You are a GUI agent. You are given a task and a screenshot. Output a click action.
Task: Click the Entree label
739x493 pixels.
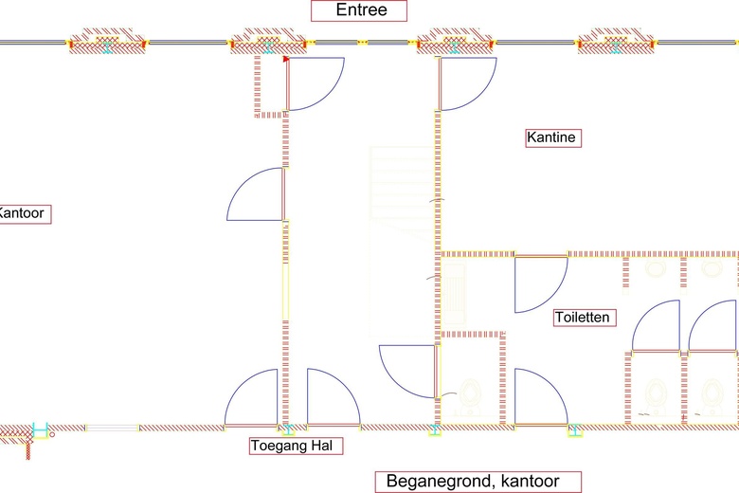(x=359, y=11)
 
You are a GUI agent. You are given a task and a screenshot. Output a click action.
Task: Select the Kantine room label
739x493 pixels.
(x=551, y=138)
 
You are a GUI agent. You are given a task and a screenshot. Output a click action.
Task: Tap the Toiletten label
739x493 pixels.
(x=582, y=318)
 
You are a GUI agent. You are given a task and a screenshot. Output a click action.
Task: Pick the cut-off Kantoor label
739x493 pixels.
(x=22, y=213)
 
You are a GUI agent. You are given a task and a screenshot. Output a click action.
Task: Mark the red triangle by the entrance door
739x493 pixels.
(x=285, y=59)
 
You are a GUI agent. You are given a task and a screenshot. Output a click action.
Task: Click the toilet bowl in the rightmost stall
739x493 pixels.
(x=712, y=393)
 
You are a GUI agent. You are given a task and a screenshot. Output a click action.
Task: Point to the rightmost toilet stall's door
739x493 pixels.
(x=712, y=326)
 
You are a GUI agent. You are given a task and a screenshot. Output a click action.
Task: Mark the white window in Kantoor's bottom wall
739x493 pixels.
(x=112, y=429)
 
